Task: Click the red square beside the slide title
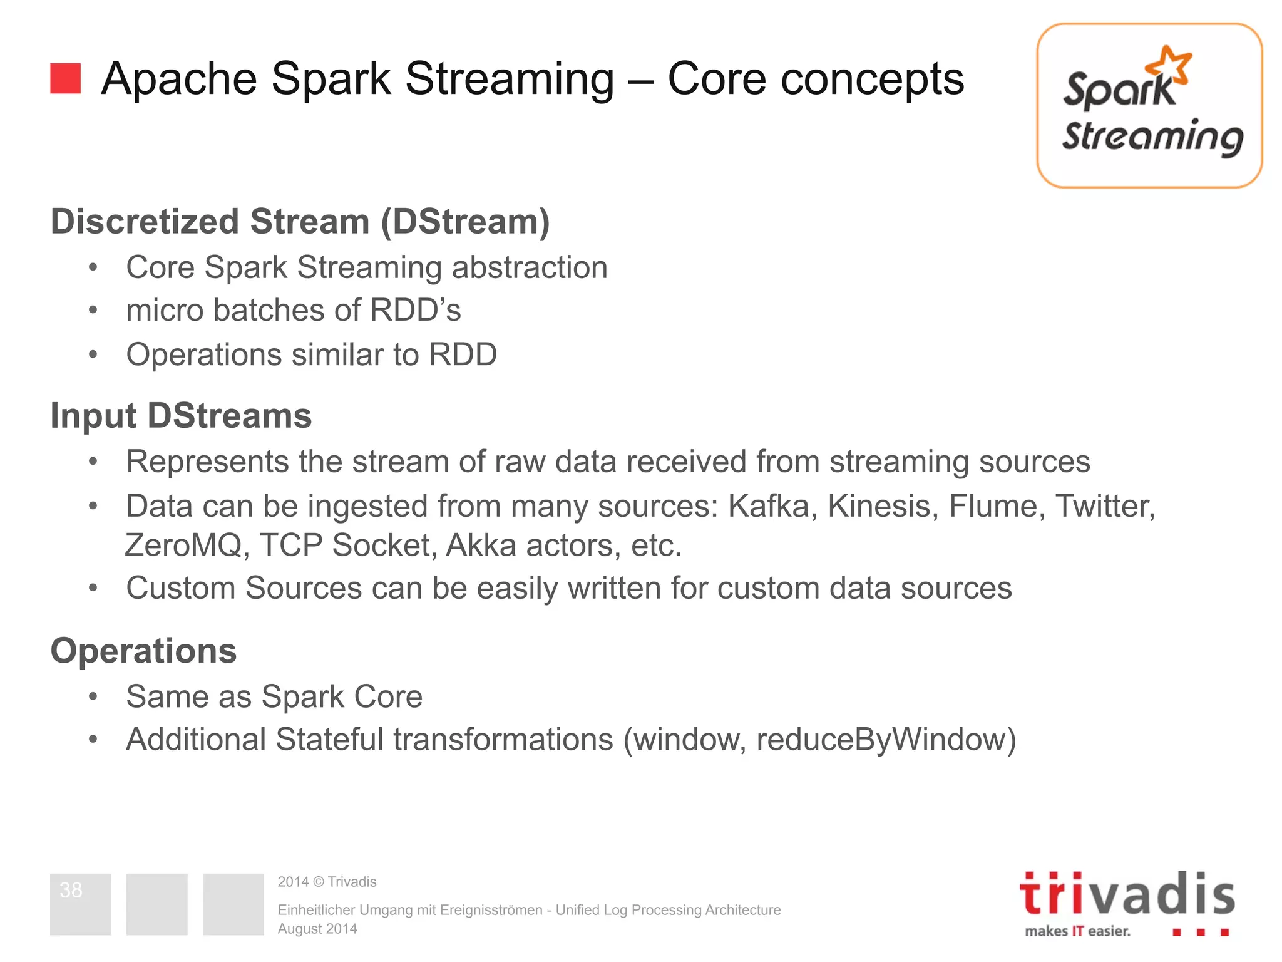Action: (65, 78)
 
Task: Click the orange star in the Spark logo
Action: (1168, 65)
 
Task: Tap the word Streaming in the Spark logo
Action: (1152, 137)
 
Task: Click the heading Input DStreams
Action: (181, 416)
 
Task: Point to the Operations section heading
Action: (143, 651)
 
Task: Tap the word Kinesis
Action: (883, 506)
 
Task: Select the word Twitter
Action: (1105, 506)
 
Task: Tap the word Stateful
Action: (329, 740)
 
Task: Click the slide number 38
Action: (71, 890)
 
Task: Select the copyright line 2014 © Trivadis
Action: (327, 882)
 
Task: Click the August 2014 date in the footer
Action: (317, 929)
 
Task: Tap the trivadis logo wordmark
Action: (1127, 895)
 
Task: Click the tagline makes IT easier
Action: (1077, 931)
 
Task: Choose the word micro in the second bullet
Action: (164, 311)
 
